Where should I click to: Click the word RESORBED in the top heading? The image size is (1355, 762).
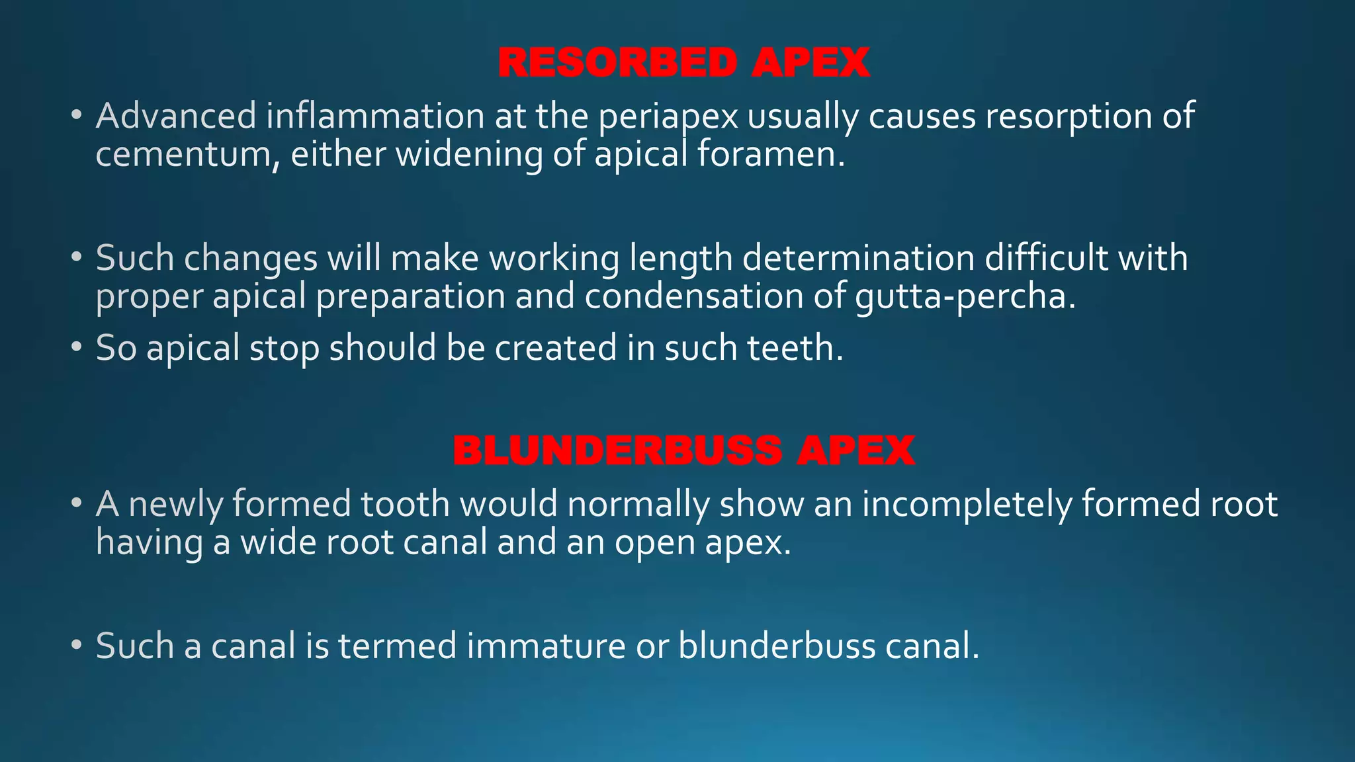pyautogui.click(x=617, y=63)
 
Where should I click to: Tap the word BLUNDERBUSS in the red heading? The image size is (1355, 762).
pyautogui.click(x=617, y=451)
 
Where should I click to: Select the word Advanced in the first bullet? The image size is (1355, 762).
pyautogui.click(x=176, y=116)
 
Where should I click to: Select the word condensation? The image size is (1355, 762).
pyautogui.click(x=694, y=296)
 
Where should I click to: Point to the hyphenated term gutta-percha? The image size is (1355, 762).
pyautogui.click(x=965, y=297)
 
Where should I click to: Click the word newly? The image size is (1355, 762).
pyautogui.click(x=177, y=505)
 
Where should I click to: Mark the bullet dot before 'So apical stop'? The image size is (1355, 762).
pyautogui.click(x=77, y=347)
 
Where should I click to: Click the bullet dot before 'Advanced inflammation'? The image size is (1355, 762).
pyautogui.click(x=77, y=115)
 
